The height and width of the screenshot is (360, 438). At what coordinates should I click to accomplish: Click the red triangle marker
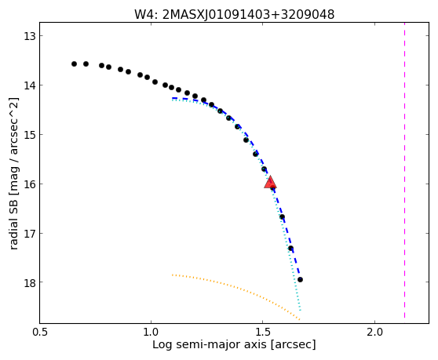tap(270, 182)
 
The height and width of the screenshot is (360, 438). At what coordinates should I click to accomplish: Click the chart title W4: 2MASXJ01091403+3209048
tap(234, 14)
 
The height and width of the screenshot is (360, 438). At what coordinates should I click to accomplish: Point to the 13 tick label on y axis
tap(29, 36)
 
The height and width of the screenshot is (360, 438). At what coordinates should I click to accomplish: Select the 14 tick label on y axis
tap(29, 85)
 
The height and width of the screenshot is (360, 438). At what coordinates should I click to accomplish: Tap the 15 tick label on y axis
tap(29, 135)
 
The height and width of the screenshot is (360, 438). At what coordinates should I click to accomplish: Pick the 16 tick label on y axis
tap(29, 184)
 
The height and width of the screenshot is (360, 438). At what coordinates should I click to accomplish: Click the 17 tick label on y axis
tap(29, 233)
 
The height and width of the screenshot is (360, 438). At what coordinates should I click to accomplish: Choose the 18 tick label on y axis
tap(29, 282)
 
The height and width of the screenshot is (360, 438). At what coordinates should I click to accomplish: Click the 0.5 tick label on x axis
tap(40, 333)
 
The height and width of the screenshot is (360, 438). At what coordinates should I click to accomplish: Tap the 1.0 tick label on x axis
tap(151, 333)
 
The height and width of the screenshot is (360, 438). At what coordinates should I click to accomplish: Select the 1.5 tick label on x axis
tap(263, 333)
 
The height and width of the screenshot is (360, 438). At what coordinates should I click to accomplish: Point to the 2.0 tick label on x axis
tap(374, 333)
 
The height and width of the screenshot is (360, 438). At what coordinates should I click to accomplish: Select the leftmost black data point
tap(74, 64)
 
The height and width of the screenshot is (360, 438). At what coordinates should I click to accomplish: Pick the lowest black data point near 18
tap(300, 279)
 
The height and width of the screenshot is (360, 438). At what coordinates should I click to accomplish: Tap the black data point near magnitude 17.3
tap(290, 248)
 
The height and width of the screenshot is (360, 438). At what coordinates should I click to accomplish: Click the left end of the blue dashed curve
tap(172, 98)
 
